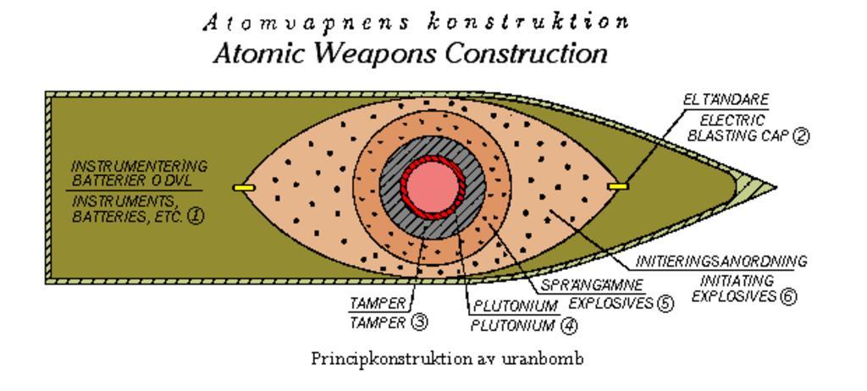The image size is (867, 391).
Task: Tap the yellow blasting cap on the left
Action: (243, 187)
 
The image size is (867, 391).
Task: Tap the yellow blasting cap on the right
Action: (619, 185)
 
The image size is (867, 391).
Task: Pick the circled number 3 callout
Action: (419, 322)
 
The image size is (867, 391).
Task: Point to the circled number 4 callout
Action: (569, 325)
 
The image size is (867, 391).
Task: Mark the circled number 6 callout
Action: (789, 297)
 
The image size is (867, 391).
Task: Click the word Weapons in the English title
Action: (373, 54)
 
